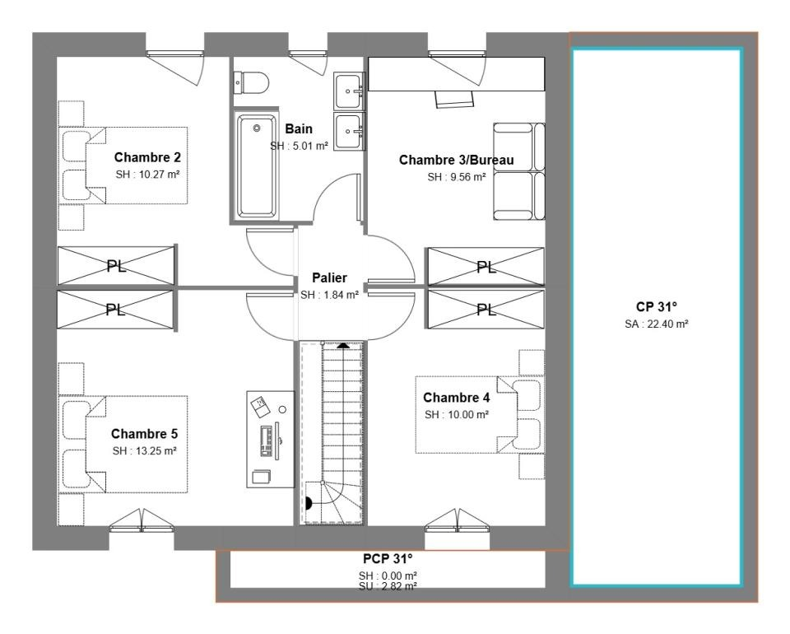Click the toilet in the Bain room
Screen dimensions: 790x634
251,82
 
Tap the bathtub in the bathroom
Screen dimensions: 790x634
257,165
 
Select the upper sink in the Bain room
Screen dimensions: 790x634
348,91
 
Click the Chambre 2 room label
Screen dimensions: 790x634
147,157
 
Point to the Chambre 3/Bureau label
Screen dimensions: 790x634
457,161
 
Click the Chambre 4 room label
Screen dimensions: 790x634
456,398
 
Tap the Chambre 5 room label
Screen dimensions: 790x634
144,434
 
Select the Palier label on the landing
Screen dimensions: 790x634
329,277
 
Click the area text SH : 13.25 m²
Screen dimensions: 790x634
145,451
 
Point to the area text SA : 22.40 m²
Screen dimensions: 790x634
657,324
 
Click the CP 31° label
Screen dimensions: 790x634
657,307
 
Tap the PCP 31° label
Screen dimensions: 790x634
388,559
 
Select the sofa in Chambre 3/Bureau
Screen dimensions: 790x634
519,171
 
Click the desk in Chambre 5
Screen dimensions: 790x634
271,439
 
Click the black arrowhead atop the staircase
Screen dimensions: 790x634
343,346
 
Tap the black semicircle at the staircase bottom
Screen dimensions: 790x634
309,504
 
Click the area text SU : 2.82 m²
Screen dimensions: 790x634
388,586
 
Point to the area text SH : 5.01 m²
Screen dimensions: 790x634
299,147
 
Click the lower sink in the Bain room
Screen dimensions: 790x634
348,131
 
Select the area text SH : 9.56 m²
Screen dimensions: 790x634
457,177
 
